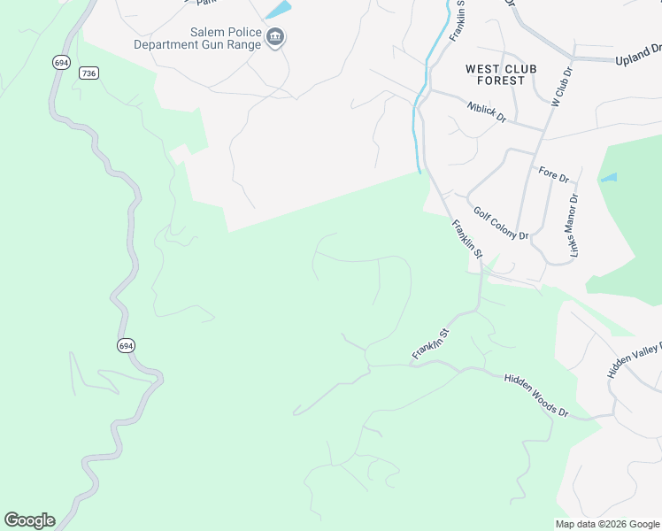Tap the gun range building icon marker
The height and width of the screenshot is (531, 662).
[275, 37]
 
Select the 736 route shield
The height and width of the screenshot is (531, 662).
[88, 73]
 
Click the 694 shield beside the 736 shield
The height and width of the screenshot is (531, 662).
[61, 62]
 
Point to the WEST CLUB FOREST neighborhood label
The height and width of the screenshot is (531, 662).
[495, 74]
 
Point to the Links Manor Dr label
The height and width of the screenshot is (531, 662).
[572, 226]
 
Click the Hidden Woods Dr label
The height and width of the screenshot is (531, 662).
[535, 395]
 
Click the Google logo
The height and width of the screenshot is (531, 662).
[29, 520]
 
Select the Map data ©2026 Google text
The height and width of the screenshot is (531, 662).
[608, 524]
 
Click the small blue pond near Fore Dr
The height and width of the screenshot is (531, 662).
[609, 178]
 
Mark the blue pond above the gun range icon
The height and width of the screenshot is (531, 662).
[279, 10]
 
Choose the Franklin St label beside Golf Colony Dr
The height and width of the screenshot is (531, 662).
[466, 239]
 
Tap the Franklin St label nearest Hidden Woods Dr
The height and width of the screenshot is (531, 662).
[431, 344]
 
